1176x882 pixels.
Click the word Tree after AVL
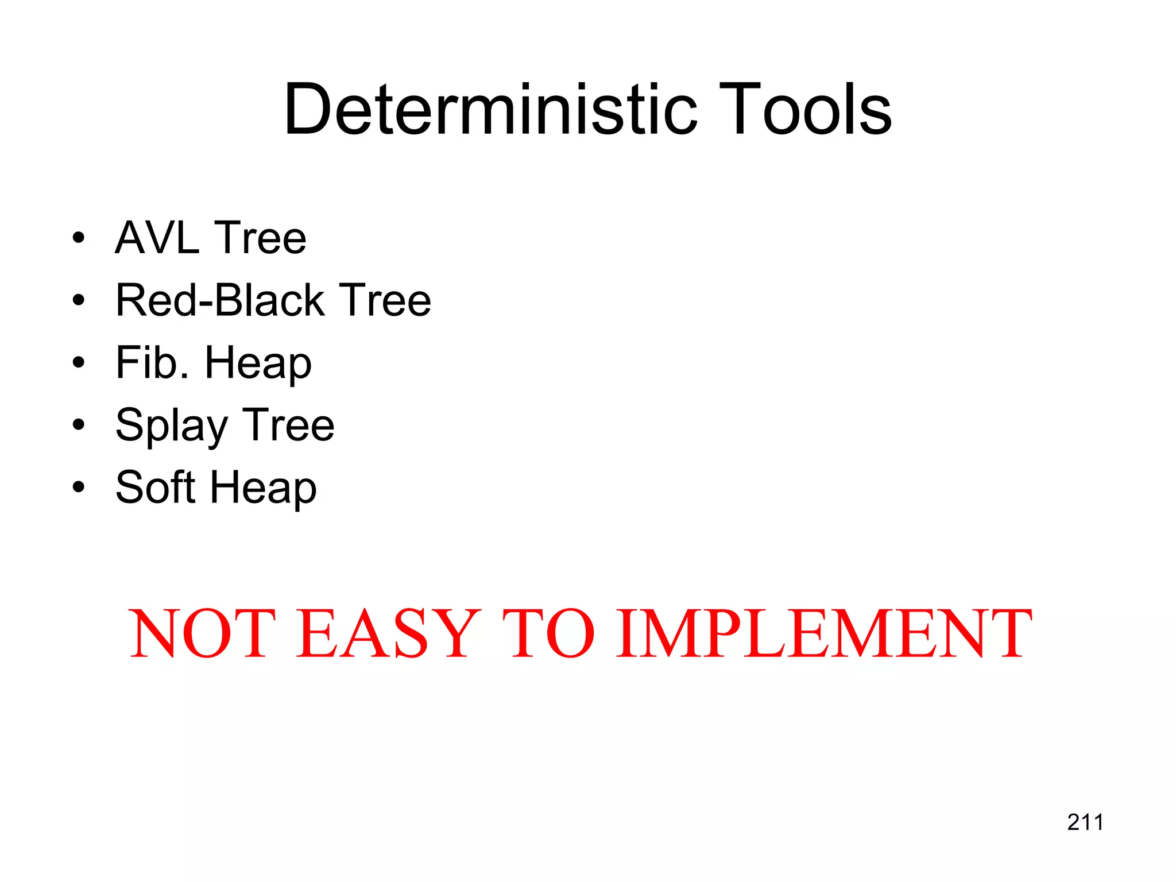tap(260, 238)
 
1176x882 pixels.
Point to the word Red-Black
tap(220, 300)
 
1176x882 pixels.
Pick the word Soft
tap(156, 487)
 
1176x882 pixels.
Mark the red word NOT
tap(202, 633)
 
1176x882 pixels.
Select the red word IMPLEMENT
tap(824, 633)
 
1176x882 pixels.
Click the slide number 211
tap(1085, 822)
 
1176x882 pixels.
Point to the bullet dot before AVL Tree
tap(79, 238)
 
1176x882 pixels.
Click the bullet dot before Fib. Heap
tap(79, 363)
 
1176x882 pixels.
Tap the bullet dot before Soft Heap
tap(79, 488)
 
